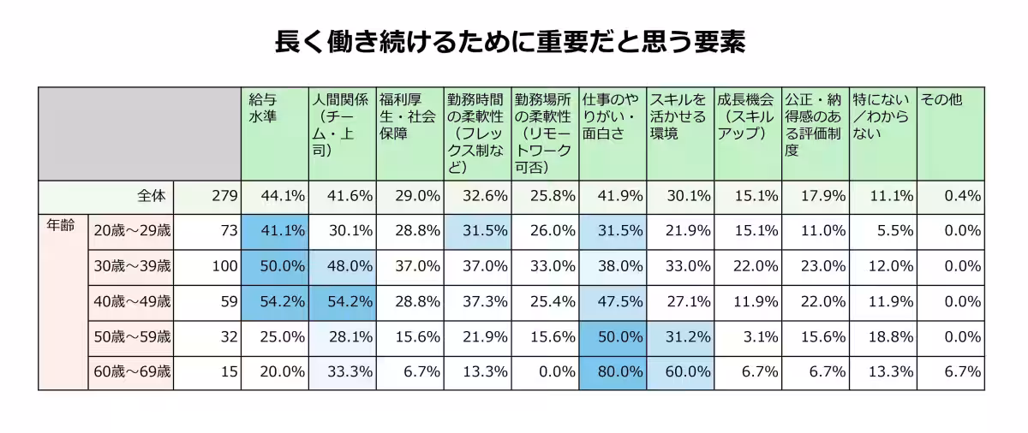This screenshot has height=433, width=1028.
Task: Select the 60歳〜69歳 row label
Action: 132,371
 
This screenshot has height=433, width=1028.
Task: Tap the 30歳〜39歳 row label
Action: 132,266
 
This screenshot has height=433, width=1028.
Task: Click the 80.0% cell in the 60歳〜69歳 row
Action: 612,371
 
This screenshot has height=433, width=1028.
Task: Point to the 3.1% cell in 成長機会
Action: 748,336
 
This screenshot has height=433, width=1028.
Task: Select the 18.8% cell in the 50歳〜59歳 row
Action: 882,336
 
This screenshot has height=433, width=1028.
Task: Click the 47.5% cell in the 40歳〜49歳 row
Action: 612,301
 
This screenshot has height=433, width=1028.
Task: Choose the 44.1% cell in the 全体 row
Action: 274,196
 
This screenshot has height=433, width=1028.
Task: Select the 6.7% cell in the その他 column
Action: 950,371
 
